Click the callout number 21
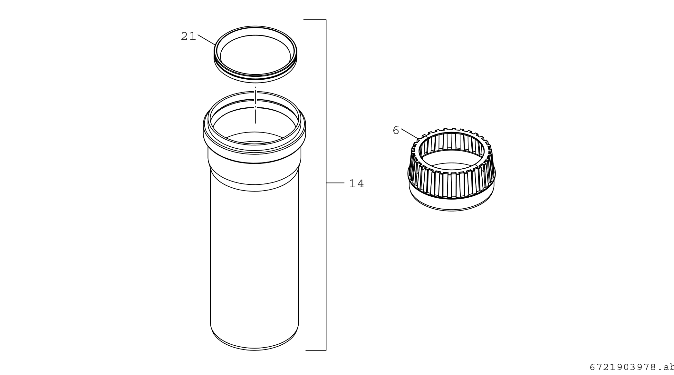tap(188, 36)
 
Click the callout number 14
tap(357, 184)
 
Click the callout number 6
tap(396, 131)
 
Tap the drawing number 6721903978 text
tap(631, 367)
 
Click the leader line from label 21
tap(207, 40)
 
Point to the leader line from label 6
tap(410, 134)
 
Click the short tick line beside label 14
tap(335, 183)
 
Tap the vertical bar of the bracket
tap(326, 185)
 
